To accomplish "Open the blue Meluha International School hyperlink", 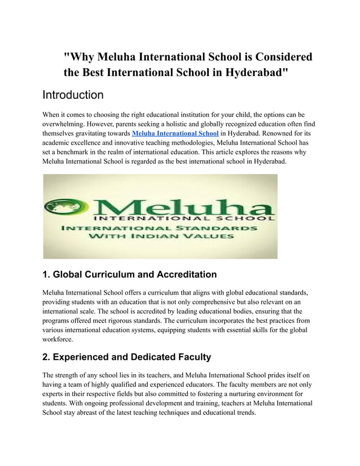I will (x=175, y=133).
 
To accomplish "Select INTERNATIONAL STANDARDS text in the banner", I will (x=161, y=228).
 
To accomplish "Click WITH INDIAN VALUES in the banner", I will (x=161, y=238).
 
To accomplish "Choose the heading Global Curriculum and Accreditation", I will (x=130, y=275).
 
